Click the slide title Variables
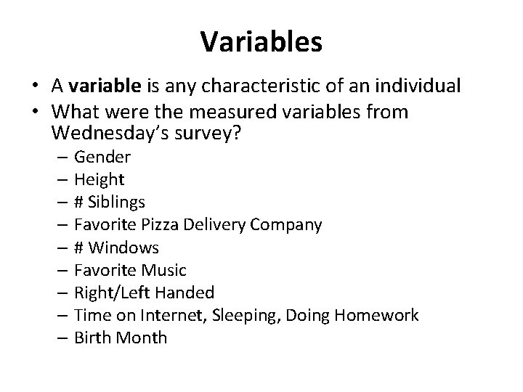pos(261,41)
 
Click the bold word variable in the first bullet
pos(107,86)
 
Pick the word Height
pos(100,180)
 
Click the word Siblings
pos(118,203)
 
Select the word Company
pos(286,225)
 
